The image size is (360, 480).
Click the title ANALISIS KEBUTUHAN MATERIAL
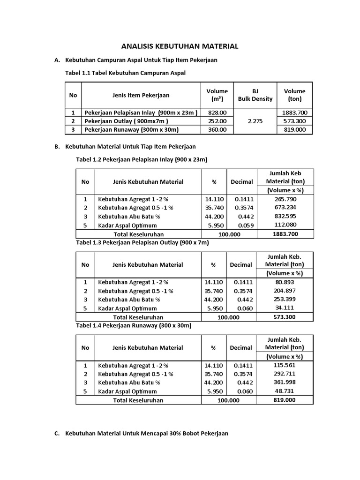(180, 46)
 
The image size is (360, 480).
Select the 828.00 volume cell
(217, 112)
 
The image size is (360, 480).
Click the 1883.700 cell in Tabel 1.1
(294, 112)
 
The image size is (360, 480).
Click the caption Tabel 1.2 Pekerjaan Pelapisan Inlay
(141, 159)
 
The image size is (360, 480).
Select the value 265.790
(285, 199)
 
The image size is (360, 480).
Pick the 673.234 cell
(285, 208)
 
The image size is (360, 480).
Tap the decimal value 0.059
(245, 225)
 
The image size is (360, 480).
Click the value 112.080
(285, 225)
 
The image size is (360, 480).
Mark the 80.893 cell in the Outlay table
(285, 282)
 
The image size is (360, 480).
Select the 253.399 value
(285, 299)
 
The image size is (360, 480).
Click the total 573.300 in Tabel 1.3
(285, 317)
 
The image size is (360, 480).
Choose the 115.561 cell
(285, 365)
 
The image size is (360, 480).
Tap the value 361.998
(285, 382)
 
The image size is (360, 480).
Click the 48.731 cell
(285, 391)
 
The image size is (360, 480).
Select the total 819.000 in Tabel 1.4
(285, 400)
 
